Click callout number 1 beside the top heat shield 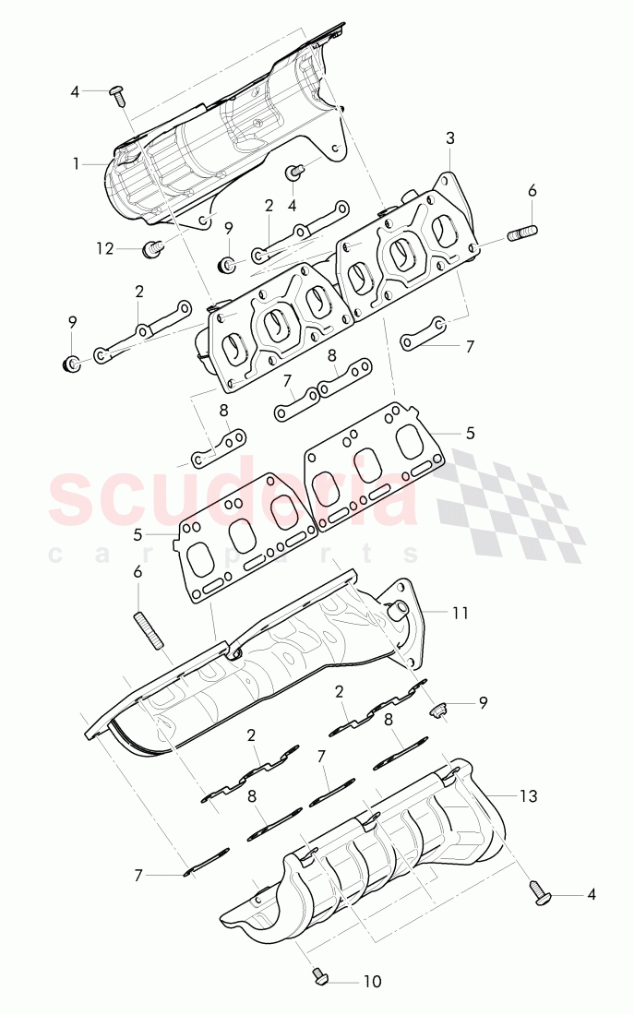[x=78, y=163]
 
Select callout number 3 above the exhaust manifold [x=449, y=138]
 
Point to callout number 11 [x=461, y=611]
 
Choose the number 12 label [x=104, y=247]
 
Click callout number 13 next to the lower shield [x=528, y=795]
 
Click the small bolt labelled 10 [x=319, y=975]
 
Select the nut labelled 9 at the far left [x=68, y=362]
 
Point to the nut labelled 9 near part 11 [x=440, y=709]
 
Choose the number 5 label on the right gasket [x=470, y=432]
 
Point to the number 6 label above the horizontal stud [x=531, y=191]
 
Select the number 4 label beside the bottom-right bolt [x=591, y=893]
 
